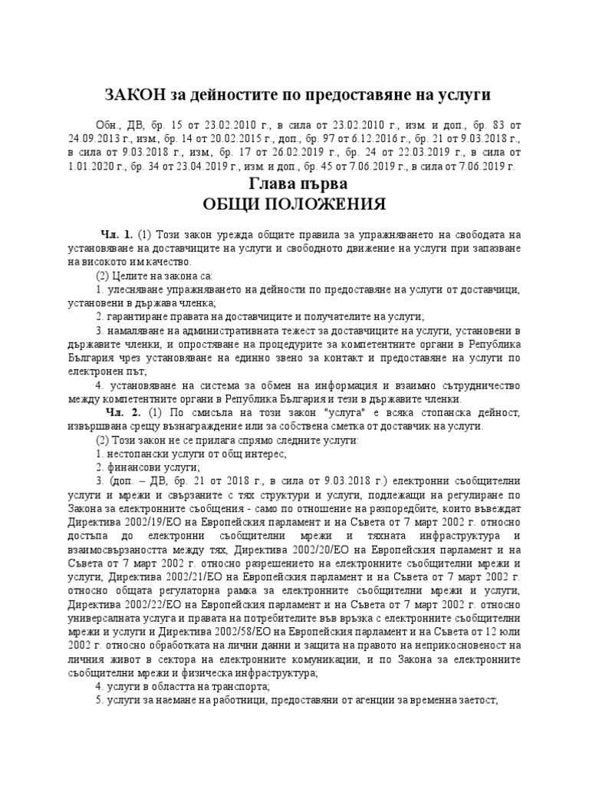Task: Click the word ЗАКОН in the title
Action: pyautogui.click(x=131, y=94)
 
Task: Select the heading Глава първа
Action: pyautogui.click(x=295, y=184)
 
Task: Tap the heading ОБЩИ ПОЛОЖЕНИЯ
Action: pyautogui.click(x=294, y=205)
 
